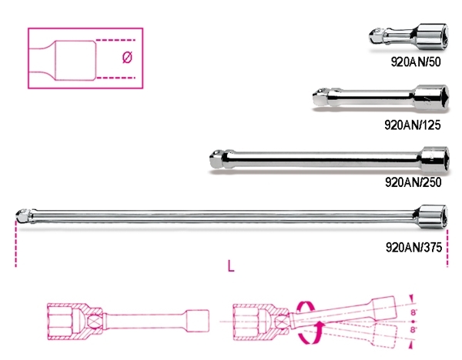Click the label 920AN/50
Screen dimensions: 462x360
click(416, 62)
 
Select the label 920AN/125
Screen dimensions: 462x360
click(413, 125)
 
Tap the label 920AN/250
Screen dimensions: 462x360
click(413, 182)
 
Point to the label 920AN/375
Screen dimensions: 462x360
click(413, 247)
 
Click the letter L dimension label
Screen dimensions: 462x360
click(231, 266)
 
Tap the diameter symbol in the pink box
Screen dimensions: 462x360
click(127, 57)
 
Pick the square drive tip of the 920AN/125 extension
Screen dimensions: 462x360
click(320, 97)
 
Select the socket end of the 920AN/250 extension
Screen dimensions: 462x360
click(434, 158)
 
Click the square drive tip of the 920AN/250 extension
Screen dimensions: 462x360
click(217, 158)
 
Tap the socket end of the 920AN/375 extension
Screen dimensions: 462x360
click(432, 215)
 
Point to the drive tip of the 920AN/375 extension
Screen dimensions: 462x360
click(22, 215)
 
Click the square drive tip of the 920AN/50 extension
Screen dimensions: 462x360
click(376, 36)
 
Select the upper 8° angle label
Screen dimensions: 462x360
click(413, 312)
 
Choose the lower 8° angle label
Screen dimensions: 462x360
click(413, 329)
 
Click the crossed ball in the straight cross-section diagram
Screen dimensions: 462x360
click(95, 320)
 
